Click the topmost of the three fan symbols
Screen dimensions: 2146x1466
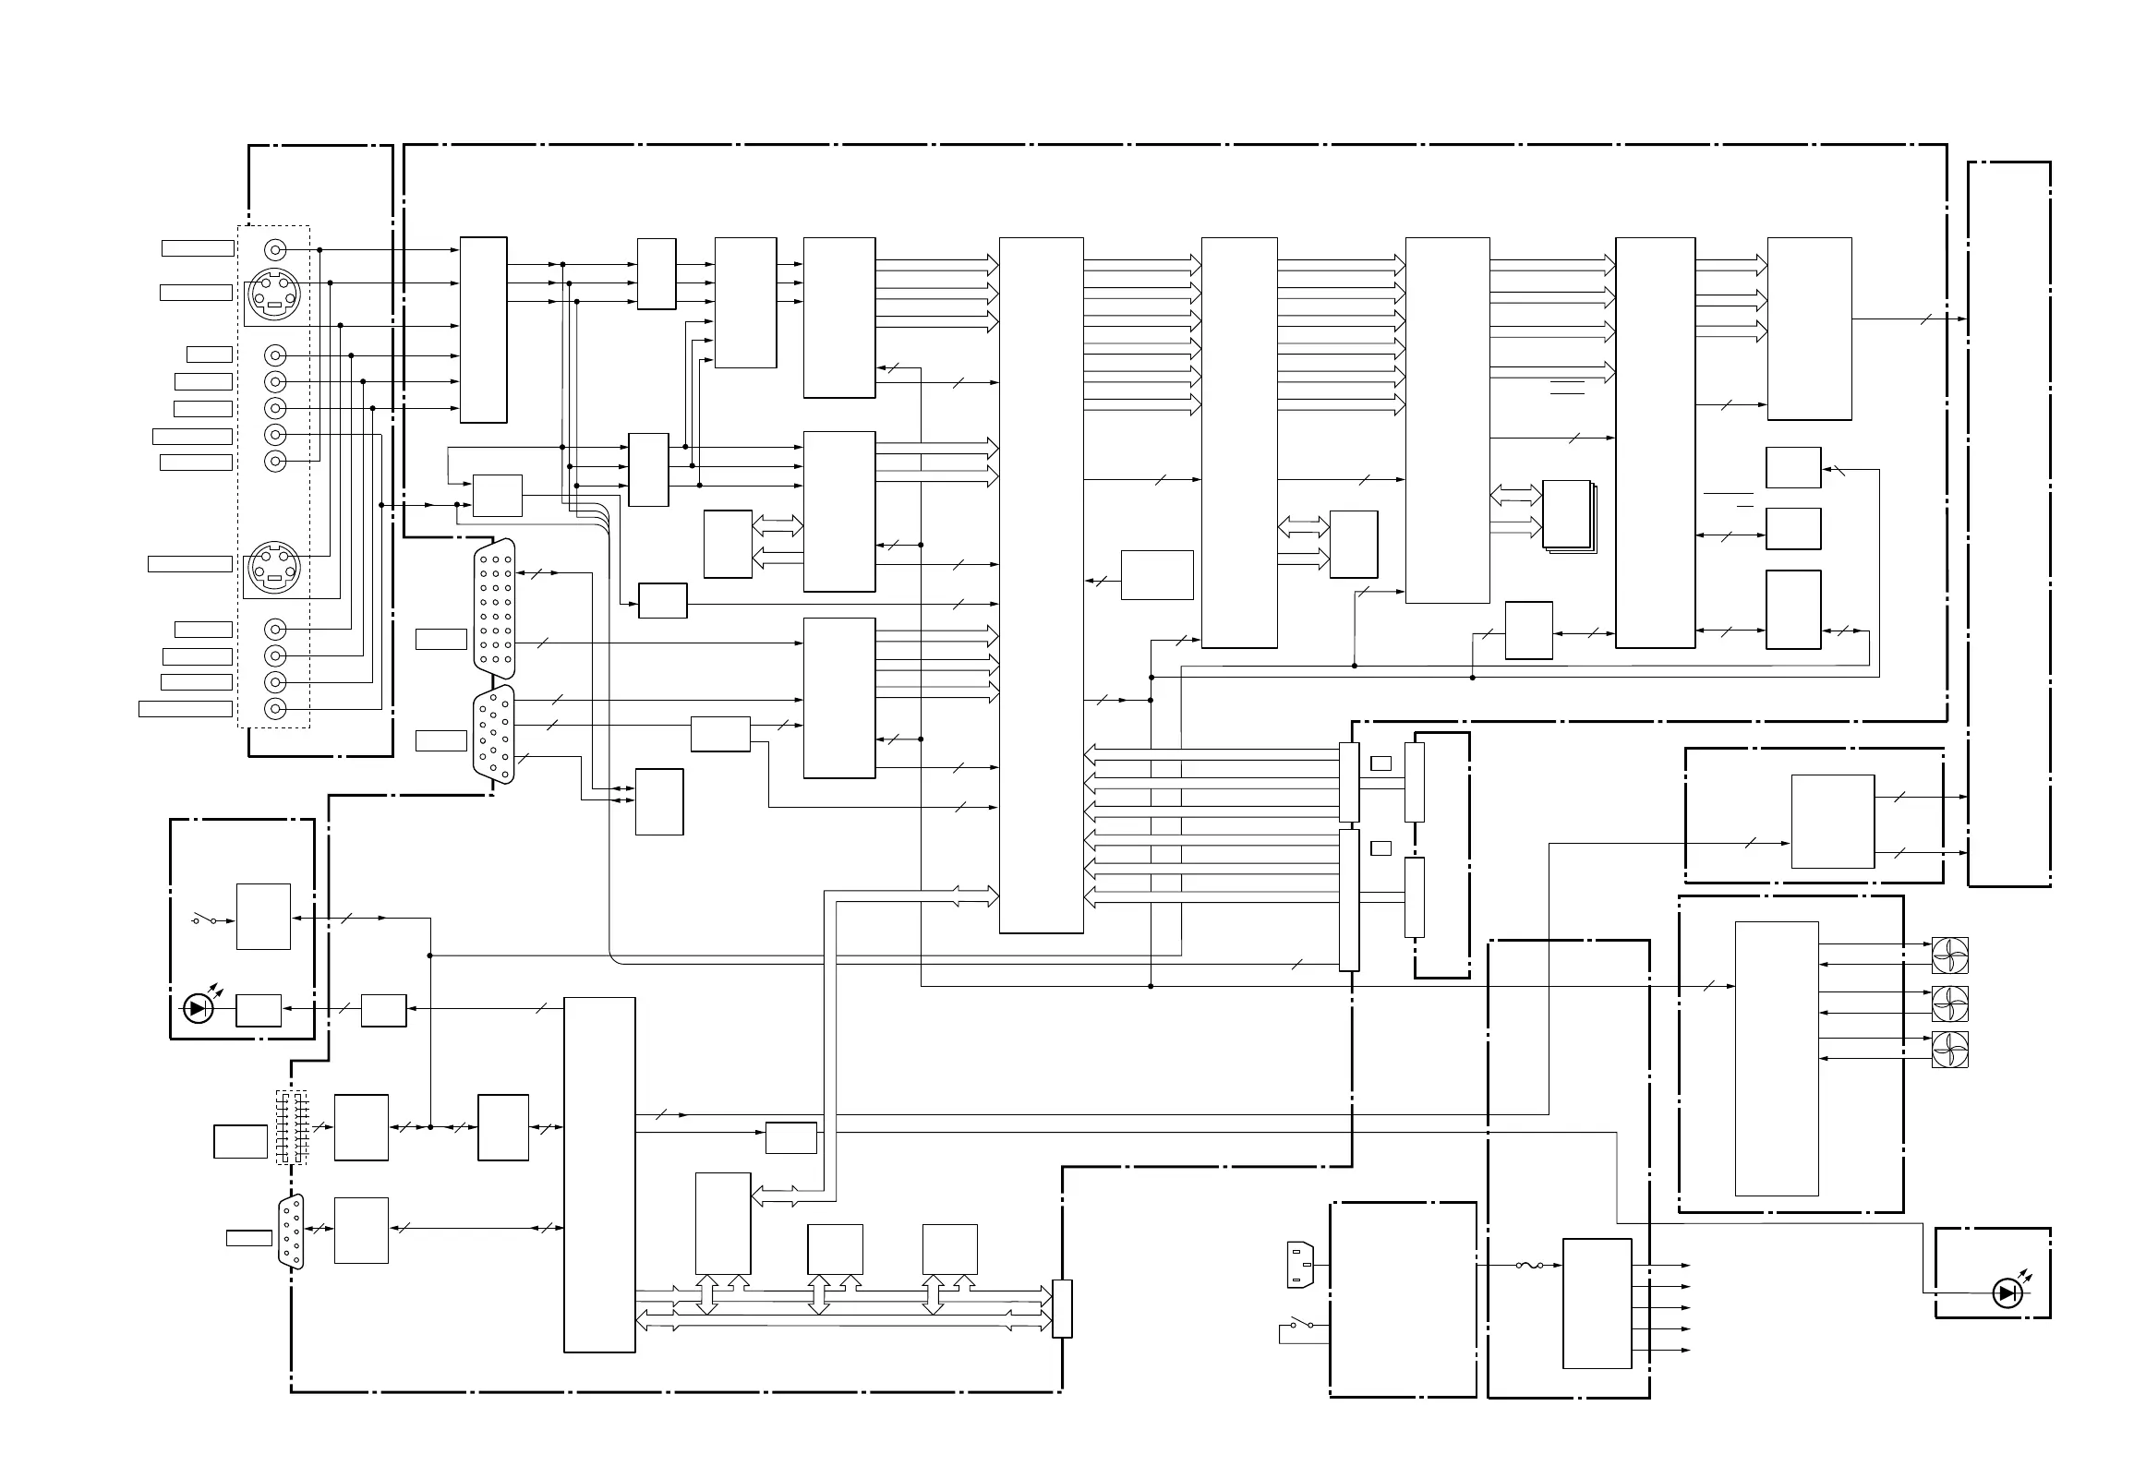(1949, 955)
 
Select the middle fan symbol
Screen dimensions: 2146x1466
(1949, 1003)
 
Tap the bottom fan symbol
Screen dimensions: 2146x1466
(1949, 1050)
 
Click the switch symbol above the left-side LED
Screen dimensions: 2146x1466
(204, 919)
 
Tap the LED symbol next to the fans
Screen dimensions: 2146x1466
(2007, 1293)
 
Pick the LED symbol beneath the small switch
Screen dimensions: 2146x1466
(198, 1009)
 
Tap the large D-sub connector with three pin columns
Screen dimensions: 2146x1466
(494, 609)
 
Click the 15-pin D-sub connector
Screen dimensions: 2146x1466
(494, 735)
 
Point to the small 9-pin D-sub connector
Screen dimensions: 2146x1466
(291, 1232)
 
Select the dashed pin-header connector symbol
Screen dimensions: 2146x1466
(291, 1127)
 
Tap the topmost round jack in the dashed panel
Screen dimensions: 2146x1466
(275, 249)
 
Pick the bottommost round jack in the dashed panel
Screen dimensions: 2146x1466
(275, 709)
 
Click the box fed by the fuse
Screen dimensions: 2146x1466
(1597, 1303)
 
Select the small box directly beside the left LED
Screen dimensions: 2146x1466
(259, 1010)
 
